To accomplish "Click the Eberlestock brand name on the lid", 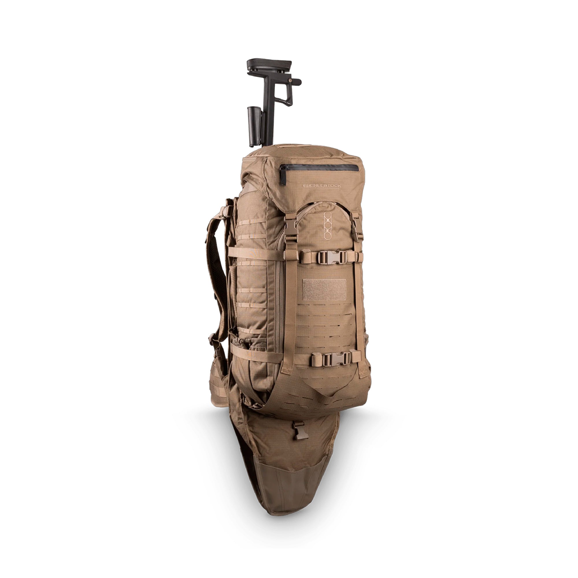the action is (322, 186).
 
